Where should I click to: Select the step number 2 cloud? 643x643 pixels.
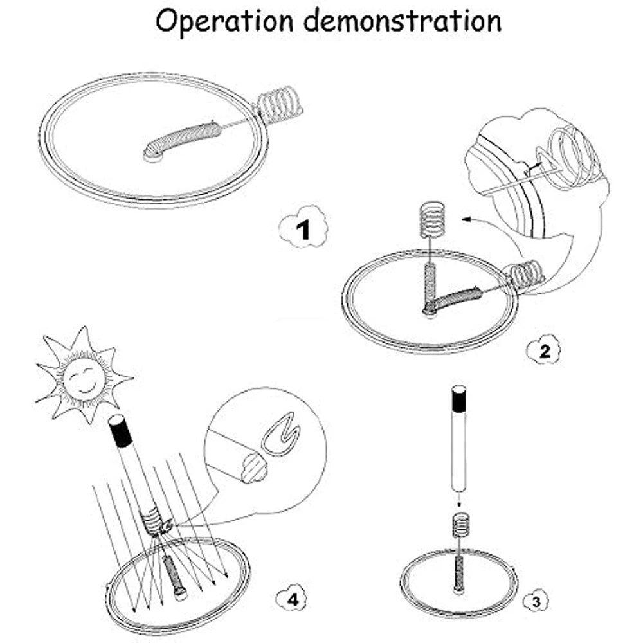pyautogui.click(x=544, y=350)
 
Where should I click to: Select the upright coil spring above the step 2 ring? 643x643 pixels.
pyautogui.click(x=433, y=222)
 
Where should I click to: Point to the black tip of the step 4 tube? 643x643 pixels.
pyautogui.click(x=119, y=432)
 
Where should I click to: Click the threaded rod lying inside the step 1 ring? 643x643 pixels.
pyautogui.click(x=184, y=138)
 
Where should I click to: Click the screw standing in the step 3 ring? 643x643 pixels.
pyautogui.click(x=459, y=566)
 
